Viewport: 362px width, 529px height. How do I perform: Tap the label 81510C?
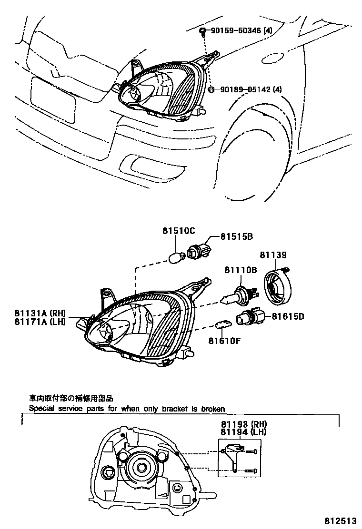point(179,231)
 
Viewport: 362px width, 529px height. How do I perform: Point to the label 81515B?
point(236,236)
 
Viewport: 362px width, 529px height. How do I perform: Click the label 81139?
point(273,255)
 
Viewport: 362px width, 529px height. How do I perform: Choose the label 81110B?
point(241,270)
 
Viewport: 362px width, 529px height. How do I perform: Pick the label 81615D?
point(288,316)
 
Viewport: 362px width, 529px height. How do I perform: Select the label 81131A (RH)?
point(40,313)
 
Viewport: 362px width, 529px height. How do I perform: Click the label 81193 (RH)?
point(243,424)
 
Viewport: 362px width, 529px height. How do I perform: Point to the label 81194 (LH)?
point(243,432)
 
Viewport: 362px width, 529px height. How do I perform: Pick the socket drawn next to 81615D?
point(248,317)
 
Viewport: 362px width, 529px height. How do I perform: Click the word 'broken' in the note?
point(212,409)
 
